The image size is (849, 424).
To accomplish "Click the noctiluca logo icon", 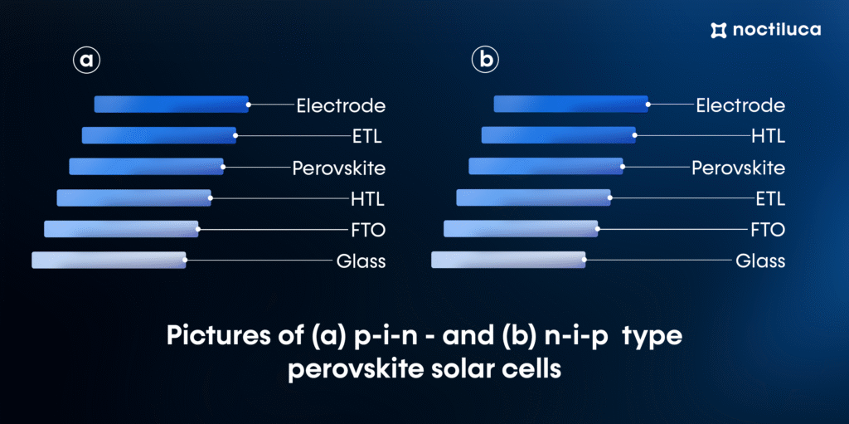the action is coord(719,31).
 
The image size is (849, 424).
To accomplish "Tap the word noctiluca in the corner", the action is coord(776,31).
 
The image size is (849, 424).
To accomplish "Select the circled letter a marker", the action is coord(86,61).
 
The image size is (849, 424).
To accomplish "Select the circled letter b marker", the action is coord(485,61).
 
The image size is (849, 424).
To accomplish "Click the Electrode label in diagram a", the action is coord(341,105).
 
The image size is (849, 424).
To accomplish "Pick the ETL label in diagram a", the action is coord(367,136).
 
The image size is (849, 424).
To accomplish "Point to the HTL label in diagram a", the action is coord(367,199).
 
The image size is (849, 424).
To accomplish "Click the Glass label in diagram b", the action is coord(760,262).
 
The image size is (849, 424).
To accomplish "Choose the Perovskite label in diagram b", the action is coord(739,168).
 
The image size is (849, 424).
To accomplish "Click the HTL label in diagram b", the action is coord(768,136).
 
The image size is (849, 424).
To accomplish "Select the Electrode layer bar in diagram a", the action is coord(172,104).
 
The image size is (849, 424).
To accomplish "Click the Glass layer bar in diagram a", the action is coord(109,261).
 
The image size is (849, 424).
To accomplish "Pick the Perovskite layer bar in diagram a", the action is coord(146,167).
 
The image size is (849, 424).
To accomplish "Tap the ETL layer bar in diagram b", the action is coord(534,198).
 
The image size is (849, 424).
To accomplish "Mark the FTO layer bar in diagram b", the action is coord(521,229).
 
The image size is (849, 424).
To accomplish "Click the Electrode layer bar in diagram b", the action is coord(571,104).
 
